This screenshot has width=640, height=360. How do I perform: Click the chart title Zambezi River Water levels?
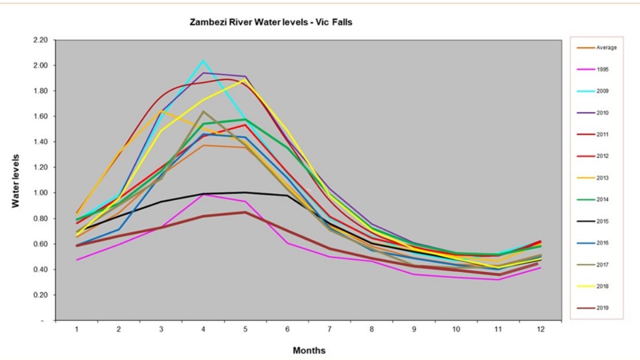click(x=271, y=23)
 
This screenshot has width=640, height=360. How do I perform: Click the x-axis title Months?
click(x=309, y=350)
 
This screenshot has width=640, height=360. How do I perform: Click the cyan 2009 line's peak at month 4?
click(x=203, y=61)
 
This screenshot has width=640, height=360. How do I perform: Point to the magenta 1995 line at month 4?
click(x=203, y=195)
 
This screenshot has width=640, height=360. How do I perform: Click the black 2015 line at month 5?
click(x=245, y=193)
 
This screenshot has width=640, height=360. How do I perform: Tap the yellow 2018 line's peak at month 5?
click(x=245, y=79)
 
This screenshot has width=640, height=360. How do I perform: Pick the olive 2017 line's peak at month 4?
click(x=203, y=111)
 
